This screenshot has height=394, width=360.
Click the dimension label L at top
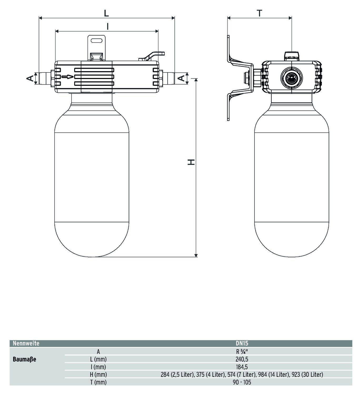point(106,13)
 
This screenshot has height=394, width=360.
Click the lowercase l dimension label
point(107,26)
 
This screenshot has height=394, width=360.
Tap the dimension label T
point(259,13)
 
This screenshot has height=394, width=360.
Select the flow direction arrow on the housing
point(68,77)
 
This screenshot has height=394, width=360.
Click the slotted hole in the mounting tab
point(97,41)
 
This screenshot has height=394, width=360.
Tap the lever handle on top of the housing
point(153,56)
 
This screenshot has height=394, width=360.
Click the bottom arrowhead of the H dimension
point(196,255)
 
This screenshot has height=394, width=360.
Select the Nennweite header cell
point(26,343)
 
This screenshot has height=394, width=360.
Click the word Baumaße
point(24,359)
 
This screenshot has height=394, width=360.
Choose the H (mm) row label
point(98,374)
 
